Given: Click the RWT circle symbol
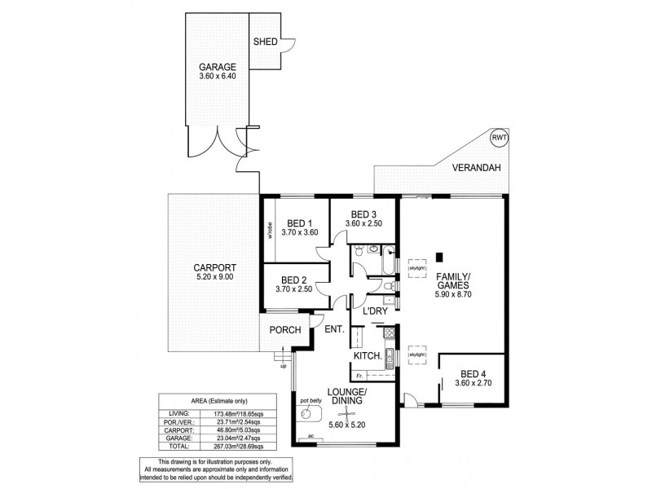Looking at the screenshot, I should click(x=499, y=139).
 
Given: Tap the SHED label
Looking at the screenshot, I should click(x=265, y=42).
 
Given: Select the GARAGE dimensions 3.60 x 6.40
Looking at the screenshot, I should click(x=217, y=77).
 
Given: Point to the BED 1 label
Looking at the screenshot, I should click(x=300, y=223).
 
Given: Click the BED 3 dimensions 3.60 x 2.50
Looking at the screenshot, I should click(x=363, y=223).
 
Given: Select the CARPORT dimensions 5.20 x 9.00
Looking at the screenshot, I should click(x=214, y=277).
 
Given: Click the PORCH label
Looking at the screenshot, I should click(x=285, y=330).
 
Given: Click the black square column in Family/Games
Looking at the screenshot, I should click(x=438, y=253).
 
